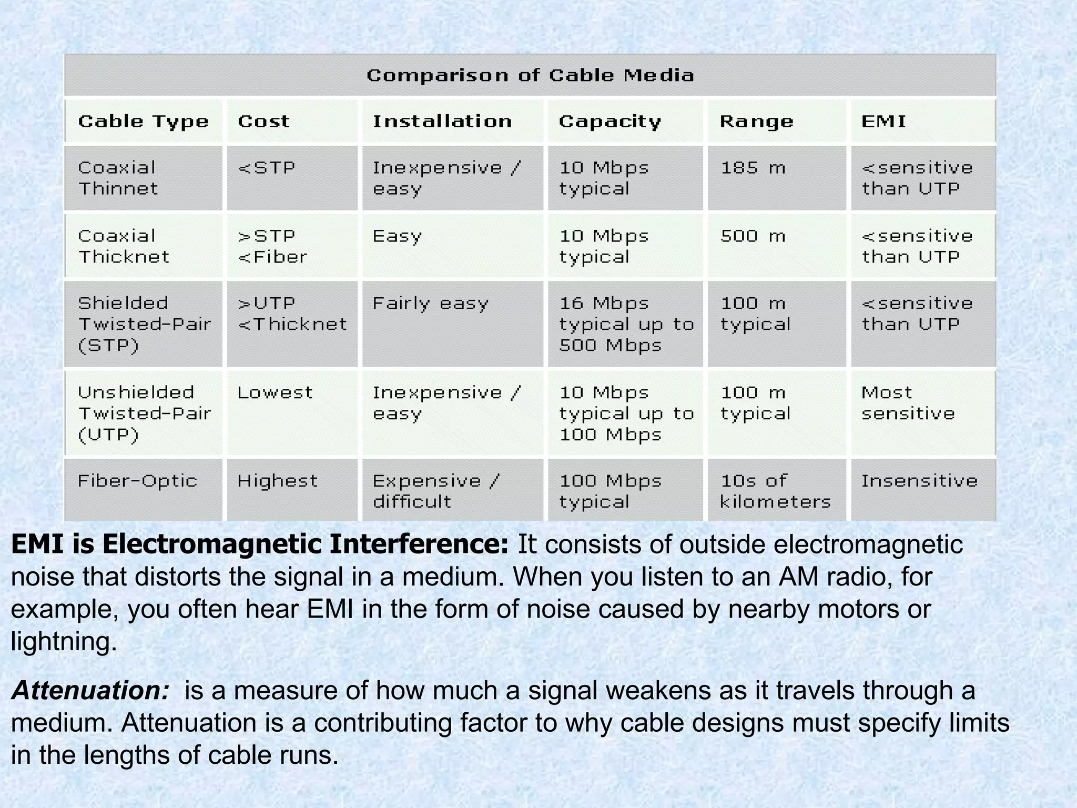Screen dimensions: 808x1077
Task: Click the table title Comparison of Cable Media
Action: coord(530,75)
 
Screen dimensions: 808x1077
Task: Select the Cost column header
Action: coord(263,122)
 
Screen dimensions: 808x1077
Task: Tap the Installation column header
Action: coord(442,122)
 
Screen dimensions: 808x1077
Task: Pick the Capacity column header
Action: coord(609,122)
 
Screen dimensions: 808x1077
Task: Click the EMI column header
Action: coord(883,122)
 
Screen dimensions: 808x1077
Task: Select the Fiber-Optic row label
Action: coord(137,481)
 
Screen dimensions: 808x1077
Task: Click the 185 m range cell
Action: coord(753,168)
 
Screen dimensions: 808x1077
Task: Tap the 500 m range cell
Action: coord(753,236)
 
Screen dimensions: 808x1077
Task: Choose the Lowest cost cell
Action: coord(275,392)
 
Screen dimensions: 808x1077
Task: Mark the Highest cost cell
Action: coord(277,481)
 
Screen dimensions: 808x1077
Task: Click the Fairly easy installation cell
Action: coord(430,304)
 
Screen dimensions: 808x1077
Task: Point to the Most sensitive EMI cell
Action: coord(908,403)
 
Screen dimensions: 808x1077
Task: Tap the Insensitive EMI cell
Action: coord(919,481)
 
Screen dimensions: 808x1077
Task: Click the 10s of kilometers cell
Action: coord(775,491)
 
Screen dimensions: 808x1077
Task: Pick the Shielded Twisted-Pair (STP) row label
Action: coord(144,324)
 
